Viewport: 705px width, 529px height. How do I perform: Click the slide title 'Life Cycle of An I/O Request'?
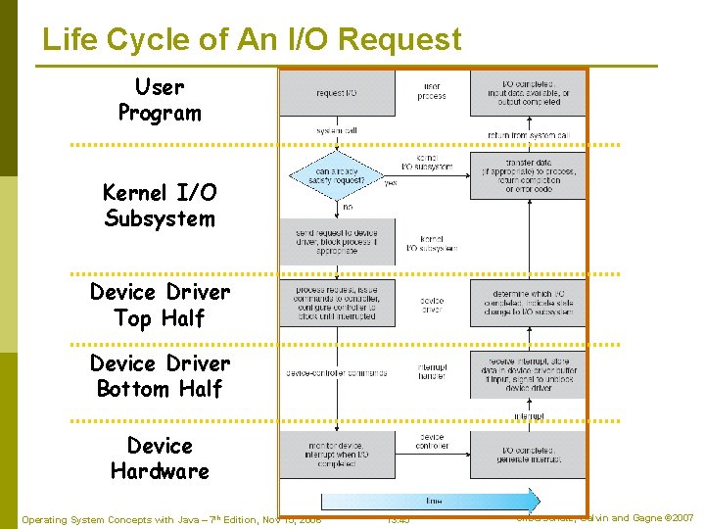tap(252, 39)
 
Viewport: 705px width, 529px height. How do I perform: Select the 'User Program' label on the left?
tap(159, 100)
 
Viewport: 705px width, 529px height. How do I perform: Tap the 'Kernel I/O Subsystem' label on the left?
tap(159, 206)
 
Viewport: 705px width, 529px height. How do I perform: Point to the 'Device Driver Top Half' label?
tap(160, 305)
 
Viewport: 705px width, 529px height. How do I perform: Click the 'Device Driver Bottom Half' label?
tap(160, 376)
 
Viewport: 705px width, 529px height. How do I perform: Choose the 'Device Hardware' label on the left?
tap(160, 458)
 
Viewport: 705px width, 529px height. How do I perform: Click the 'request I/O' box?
tap(337, 93)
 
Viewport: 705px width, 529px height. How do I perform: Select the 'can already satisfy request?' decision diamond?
tap(337, 177)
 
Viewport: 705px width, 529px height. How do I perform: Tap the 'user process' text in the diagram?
tap(431, 92)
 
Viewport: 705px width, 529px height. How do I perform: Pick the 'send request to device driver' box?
tap(337, 241)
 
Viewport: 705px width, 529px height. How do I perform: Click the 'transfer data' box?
tap(528, 177)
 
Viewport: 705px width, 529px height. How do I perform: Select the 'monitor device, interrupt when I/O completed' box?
tap(337, 453)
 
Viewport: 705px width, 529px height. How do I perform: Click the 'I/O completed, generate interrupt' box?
tap(528, 453)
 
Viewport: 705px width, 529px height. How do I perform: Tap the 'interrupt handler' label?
tap(432, 372)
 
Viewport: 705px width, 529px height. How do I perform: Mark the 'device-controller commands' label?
tap(336, 372)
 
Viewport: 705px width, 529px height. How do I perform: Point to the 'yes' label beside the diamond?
tap(390, 183)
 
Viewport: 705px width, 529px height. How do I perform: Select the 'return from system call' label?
tap(528, 135)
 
